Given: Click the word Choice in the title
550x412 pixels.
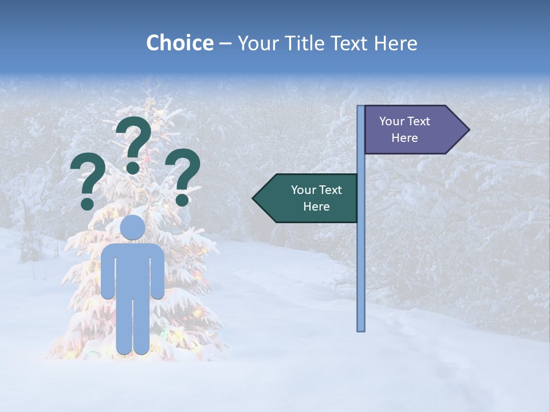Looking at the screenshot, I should [179, 43].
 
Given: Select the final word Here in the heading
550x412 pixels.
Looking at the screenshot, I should [395, 43].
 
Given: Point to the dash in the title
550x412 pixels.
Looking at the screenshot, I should [225, 43].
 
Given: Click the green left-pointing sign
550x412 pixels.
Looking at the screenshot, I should [309, 198].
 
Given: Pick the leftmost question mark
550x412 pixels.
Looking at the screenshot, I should [88, 182].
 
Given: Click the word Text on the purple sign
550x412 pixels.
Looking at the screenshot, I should [418, 121].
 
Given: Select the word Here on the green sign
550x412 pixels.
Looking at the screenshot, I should [316, 207].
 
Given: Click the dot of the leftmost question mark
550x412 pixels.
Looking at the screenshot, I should [88, 204].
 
